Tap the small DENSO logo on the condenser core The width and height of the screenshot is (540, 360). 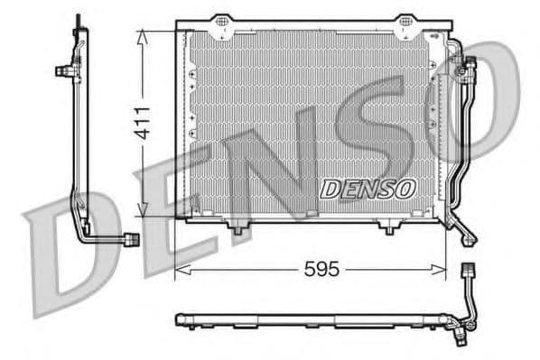[x=367, y=189]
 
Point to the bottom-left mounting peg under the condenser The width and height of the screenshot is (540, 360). [x=237, y=229]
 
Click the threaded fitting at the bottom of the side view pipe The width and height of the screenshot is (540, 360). [x=131, y=239]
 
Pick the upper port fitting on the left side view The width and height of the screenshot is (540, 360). [x=64, y=69]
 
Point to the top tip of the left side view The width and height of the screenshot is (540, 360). [x=79, y=18]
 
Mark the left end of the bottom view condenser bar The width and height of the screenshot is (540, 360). [x=180, y=319]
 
